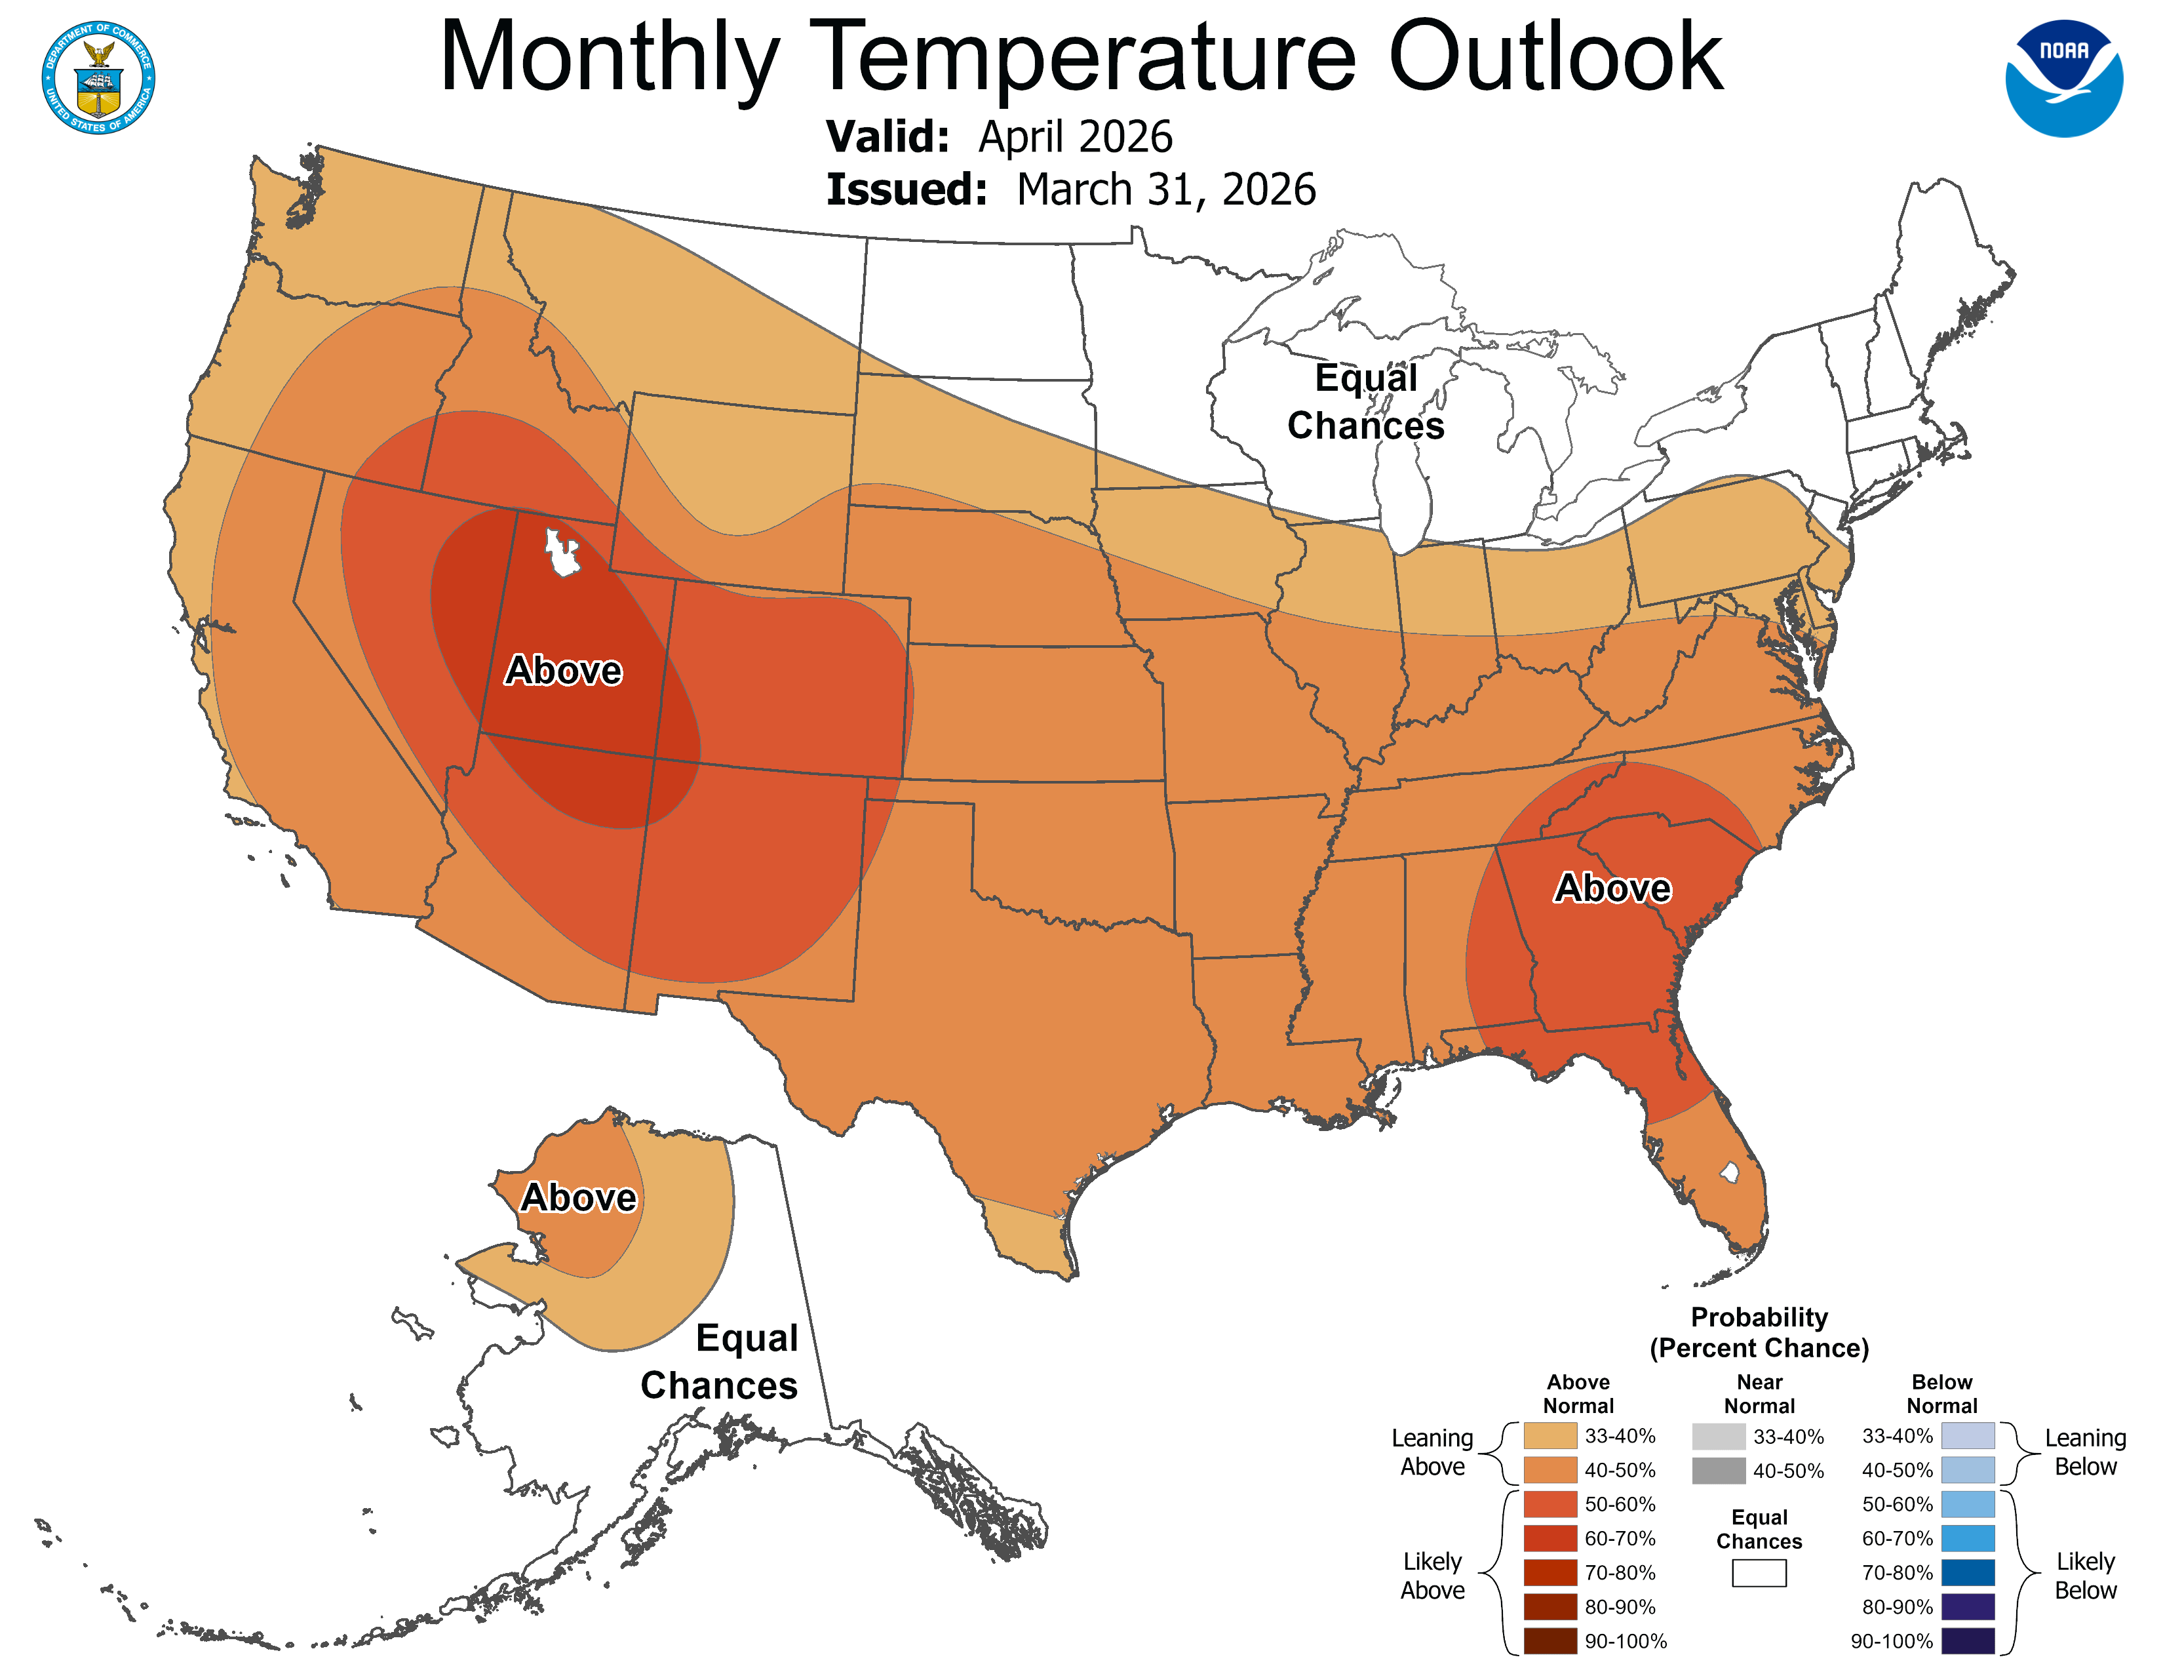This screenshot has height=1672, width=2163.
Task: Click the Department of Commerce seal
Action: click(98, 77)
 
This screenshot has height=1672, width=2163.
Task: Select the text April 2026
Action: click(1076, 136)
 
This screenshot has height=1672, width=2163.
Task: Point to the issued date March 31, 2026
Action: click(1165, 190)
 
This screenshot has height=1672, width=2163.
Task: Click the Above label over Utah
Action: click(564, 671)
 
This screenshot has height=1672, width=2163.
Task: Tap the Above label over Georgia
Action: click(1612, 888)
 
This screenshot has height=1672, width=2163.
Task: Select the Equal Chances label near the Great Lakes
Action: click(1366, 401)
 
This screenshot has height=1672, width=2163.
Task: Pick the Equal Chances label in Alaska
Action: click(720, 1361)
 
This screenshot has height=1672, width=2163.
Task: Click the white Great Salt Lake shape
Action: click(562, 553)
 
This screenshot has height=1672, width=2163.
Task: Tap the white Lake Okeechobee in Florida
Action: click(1729, 1173)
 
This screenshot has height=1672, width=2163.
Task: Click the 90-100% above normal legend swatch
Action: click(1550, 1641)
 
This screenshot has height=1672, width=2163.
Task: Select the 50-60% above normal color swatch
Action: click(1550, 1503)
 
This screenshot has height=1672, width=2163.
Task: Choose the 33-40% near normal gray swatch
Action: click(1719, 1436)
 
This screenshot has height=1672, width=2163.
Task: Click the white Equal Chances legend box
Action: click(1759, 1573)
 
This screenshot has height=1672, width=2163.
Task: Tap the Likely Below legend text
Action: click(2085, 1576)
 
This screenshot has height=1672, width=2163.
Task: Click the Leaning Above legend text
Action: click(1432, 1452)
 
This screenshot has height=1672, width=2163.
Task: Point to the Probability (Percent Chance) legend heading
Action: click(1759, 1332)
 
